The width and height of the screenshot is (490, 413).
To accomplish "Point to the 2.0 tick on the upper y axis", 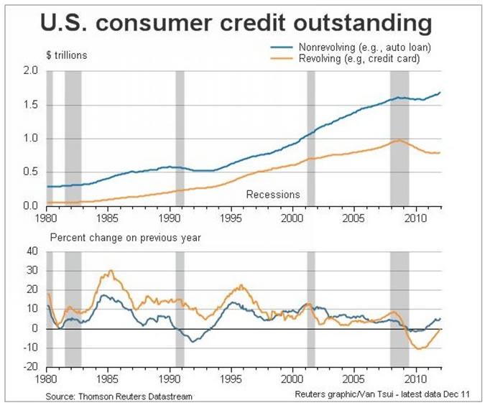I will (x=29, y=71).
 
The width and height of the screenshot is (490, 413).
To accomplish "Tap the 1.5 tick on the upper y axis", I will (x=29, y=105).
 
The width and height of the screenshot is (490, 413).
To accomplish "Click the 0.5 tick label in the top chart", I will (x=29, y=172).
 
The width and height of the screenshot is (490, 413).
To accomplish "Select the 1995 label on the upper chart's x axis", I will (x=231, y=216).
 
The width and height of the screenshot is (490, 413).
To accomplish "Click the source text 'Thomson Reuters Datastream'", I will (x=119, y=396).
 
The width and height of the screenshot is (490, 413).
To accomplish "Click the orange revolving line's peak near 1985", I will (x=110, y=272).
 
